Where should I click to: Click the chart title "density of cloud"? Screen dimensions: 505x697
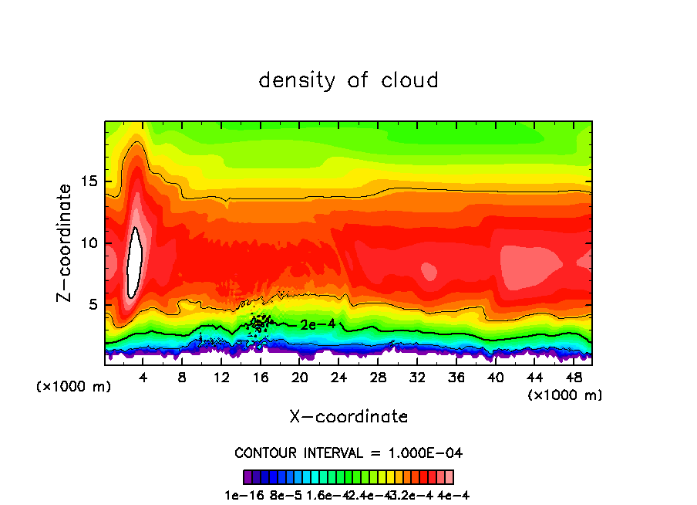pyautogui.click(x=348, y=80)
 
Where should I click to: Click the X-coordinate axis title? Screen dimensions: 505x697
pyautogui.click(x=348, y=417)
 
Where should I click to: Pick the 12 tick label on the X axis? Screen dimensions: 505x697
pyautogui.click(x=221, y=378)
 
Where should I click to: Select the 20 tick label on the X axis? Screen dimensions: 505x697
pyautogui.click(x=299, y=378)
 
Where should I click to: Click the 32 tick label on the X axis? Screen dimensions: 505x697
pyautogui.click(x=417, y=378)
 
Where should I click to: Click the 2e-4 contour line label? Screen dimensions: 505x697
pyautogui.click(x=318, y=324)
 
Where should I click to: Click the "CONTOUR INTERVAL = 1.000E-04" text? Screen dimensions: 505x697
pyautogui.click(x=348, y=452)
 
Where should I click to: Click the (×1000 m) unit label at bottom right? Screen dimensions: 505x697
pyautogui.click(x=565, y=395)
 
